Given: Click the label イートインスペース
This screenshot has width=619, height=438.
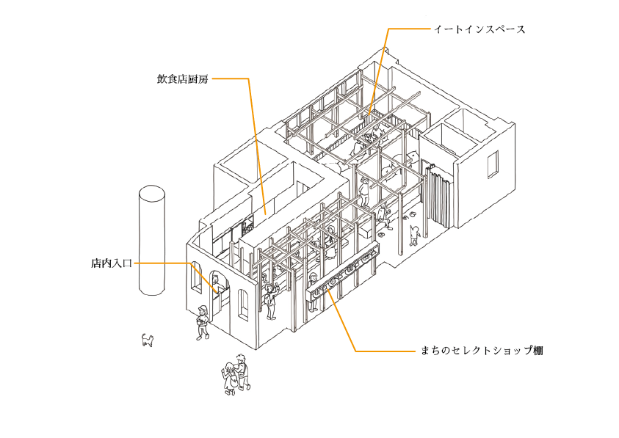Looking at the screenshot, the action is point(479,29).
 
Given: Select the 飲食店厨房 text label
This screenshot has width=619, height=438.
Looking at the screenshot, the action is point(182,79).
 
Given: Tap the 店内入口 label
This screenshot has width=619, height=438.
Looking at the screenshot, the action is point(112,263).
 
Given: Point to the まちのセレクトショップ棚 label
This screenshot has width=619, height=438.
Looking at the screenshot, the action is point(482,351).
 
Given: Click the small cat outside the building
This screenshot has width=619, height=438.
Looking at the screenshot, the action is point(148,340).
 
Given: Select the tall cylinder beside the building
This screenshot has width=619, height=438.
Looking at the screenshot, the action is point(152,240).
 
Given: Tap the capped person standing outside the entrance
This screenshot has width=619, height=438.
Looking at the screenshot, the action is point(203,322).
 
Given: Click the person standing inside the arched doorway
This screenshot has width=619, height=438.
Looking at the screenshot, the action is point(217,285).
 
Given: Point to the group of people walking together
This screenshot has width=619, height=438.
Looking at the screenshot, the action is point(236,374).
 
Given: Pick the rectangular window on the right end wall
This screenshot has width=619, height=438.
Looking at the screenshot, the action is point(493,164).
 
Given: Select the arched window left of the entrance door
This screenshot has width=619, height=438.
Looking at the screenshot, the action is point(196,278).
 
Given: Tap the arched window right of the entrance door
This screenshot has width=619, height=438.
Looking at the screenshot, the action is point(244,303).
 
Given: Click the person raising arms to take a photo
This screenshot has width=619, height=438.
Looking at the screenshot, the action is point(271,301).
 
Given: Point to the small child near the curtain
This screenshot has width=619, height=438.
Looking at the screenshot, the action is point(414,236).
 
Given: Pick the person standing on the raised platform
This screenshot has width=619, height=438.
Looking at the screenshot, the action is point(364,193).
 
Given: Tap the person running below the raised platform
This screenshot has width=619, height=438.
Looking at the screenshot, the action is point(384,217).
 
